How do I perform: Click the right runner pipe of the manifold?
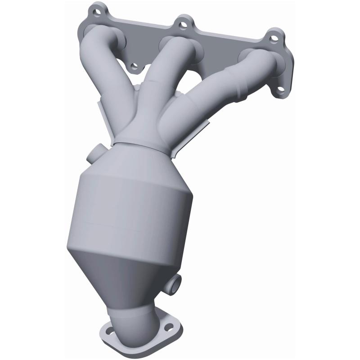coord(225,85)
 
